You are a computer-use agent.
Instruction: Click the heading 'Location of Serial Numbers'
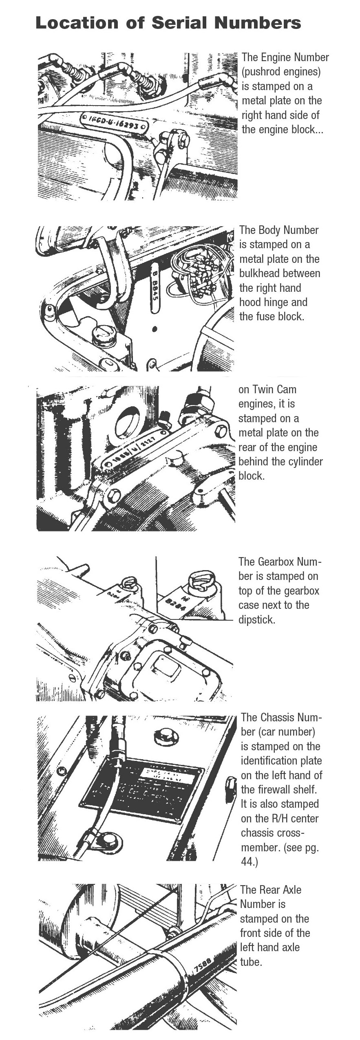(168, 22)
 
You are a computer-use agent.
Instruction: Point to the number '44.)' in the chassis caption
(250, 862)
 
